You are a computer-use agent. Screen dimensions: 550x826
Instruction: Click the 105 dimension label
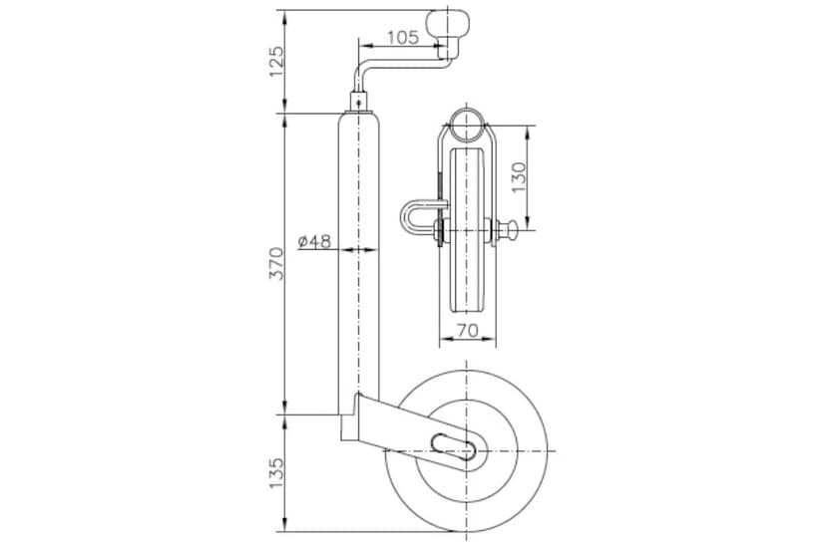pyautogui.click(x=401, y=38)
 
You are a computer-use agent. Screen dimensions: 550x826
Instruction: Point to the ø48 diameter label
pyautogui.click(x=315, y=241)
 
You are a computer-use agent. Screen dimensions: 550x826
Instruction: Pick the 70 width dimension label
pyautogui.click(x=468, y=329)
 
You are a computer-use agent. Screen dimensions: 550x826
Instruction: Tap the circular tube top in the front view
pyautogui.click(x=467, y=127)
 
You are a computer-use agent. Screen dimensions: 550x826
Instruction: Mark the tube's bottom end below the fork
pyautogui.click(x=350, y=429)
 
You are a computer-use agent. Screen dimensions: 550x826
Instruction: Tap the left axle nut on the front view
pyautogui.click(x=441, y=235)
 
